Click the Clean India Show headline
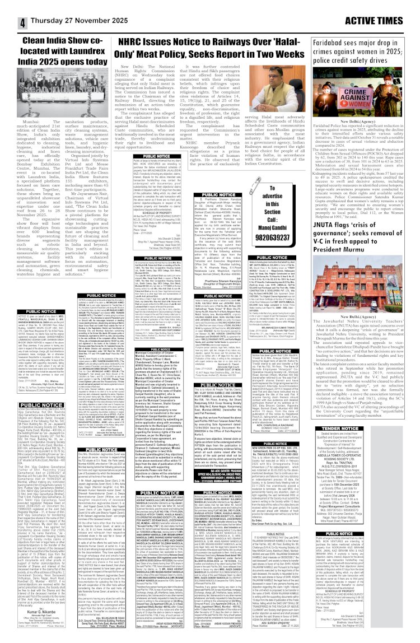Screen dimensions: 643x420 click(52, 56)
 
